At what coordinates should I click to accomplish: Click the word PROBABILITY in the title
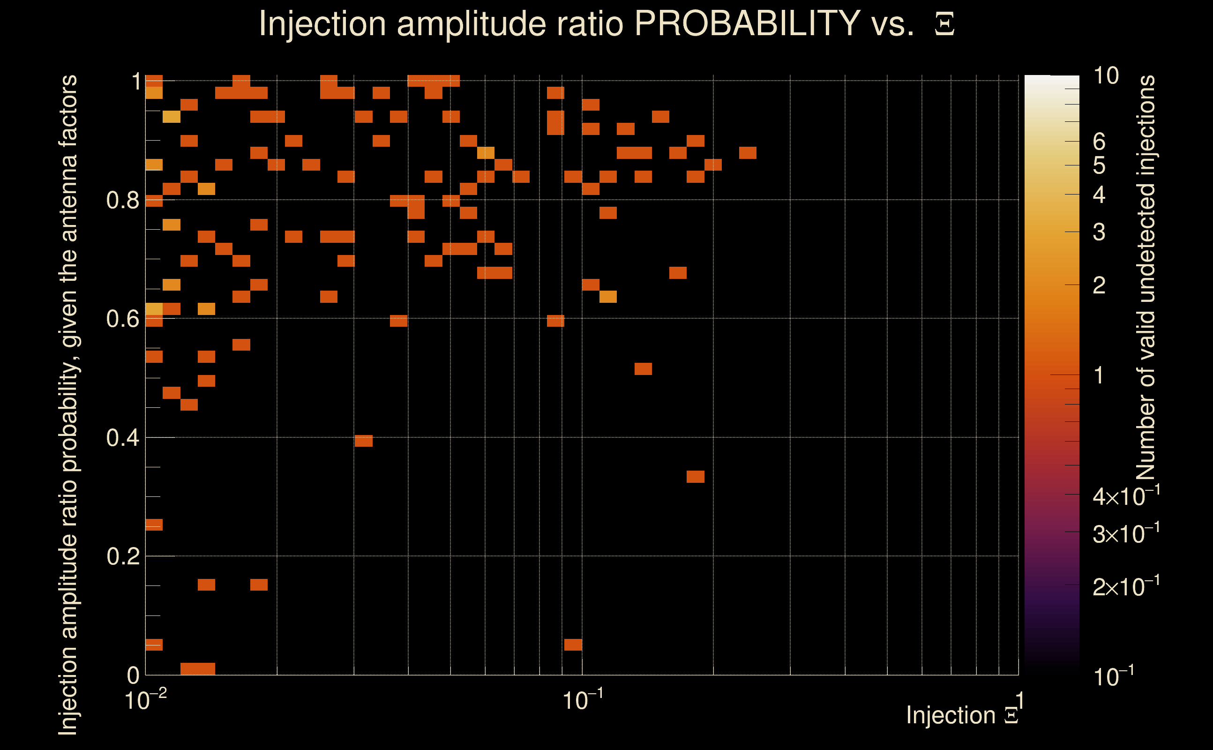pos(747,23)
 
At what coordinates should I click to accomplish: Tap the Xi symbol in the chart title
pos(944,24)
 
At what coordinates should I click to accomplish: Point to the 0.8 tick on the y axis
pos(122,201)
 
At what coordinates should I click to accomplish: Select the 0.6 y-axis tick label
pos(122,319)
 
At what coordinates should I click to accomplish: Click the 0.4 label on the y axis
pos(122,438)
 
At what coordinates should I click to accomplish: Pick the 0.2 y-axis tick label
pos(122,556)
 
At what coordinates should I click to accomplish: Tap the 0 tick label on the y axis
pos(133,675)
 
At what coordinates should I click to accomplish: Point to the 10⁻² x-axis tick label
pos(145,700)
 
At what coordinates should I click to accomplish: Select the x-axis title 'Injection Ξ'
pos(962,715)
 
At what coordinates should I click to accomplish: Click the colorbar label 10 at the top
pos(1106,76)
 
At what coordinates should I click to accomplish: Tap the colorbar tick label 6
pos(1099,142)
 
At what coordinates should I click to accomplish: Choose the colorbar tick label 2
pos(1099,285)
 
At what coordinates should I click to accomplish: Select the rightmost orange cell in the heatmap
pos(747,153)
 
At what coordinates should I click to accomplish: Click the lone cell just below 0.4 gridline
pos(364,441)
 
